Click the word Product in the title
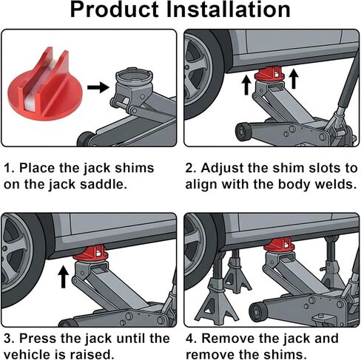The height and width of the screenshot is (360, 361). coord(114,10)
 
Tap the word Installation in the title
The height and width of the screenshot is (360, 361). coord(228,10)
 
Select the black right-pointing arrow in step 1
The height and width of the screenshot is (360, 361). coord(98,87)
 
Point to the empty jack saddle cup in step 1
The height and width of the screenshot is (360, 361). coord(134,78)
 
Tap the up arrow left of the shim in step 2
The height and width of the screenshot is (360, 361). coord(246,85)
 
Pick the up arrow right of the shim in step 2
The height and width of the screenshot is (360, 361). coord(294,79)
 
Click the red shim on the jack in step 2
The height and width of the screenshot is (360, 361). coord(269,73)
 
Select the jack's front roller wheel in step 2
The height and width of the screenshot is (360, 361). coord(243,132)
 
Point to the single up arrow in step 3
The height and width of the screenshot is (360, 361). coord(63,276)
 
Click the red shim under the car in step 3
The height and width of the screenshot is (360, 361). coord(90,254)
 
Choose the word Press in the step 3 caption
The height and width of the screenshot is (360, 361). coord(38,339)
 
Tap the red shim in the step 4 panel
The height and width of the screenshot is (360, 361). coord(278,245)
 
